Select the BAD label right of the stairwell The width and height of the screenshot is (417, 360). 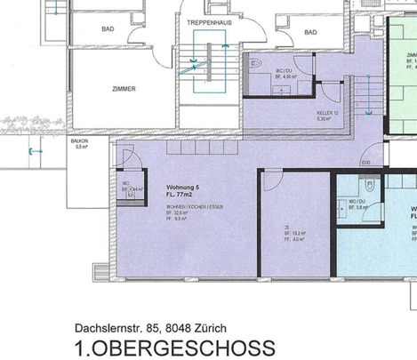[310, 33]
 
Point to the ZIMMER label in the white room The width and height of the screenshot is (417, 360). [124, 89]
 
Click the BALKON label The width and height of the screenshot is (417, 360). [80, 140]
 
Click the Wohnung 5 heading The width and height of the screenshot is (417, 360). [184, 188]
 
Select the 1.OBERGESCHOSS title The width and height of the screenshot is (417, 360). [175, 347]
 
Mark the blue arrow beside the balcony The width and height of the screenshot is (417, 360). [34, 151]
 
